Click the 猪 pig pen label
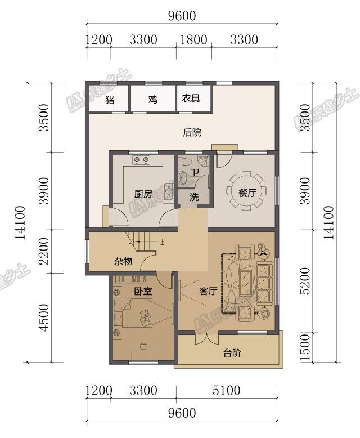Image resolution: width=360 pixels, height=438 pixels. pos(110,100)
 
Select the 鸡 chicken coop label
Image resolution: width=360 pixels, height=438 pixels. pos(152,100)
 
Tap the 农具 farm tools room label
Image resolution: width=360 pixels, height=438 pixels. pos(191,99)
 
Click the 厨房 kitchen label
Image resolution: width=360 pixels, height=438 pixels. pos(143,194)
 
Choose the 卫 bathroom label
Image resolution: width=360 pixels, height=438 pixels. pos(194,173)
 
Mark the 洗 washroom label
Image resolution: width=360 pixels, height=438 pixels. pos(194,197)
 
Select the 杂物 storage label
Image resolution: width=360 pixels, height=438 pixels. pos(123,261)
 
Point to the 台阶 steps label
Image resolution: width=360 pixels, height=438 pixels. pos(232,354)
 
